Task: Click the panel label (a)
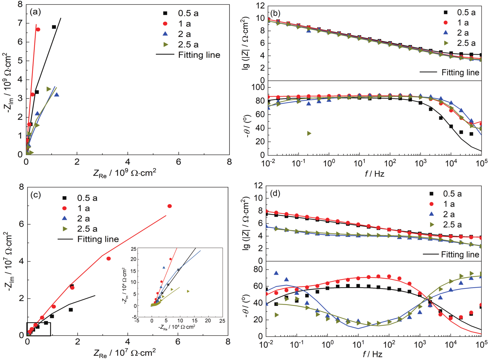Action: pos(35,12)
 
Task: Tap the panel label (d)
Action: pos(275,193)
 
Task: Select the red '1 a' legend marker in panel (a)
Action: pos(165,24)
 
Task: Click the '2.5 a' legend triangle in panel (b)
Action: pos(446,43)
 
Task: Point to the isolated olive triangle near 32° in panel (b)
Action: pos(309,133)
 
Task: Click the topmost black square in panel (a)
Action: pos(54,27)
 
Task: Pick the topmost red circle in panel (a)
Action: pos(38,29)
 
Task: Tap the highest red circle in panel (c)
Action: pos(169,206)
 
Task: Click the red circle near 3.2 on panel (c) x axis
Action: pos(109,258)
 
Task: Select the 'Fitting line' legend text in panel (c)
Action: pos(98,239)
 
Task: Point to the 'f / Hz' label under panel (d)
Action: pos(373,354)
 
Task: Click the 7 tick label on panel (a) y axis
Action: pos(20,23)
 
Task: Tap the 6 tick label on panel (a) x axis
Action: pos(179,162)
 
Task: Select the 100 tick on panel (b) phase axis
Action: pos(258,87)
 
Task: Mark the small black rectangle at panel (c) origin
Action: pos(39,329)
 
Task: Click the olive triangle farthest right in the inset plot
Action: pos(188,291)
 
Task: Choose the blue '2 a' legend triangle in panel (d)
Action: pos(432,214)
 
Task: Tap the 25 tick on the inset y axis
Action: pos(133,249)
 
